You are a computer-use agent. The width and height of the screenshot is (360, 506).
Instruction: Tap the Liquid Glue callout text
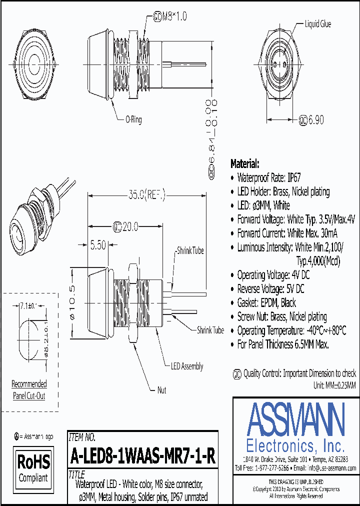317,24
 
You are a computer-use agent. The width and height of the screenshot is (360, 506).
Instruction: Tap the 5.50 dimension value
97,245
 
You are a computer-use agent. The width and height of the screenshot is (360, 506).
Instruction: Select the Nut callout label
161,390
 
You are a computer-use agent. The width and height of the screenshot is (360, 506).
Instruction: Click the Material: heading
244,163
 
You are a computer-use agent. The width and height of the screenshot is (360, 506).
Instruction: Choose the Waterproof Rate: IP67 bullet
268,177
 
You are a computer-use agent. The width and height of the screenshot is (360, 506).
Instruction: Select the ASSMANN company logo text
295,419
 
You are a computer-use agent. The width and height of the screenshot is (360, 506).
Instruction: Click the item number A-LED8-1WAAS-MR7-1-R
143,456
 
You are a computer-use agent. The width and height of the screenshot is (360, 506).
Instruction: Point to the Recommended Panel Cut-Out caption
29,390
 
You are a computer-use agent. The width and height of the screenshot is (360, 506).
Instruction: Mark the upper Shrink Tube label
190,250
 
